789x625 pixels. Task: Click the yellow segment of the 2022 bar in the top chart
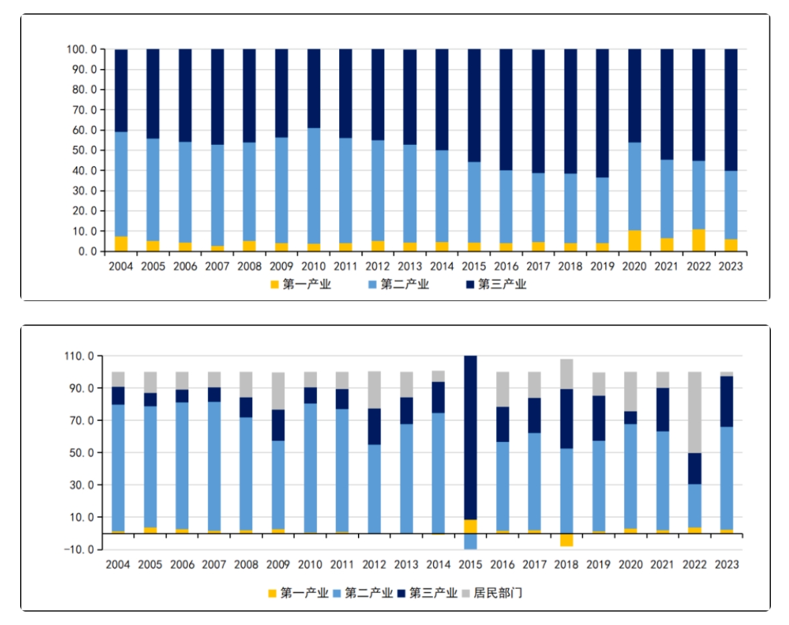click(699, 240)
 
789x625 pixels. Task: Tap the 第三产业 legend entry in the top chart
click(496, 284)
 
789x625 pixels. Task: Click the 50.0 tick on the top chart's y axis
click(82, 150)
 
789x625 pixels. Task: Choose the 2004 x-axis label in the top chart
click(120, 266)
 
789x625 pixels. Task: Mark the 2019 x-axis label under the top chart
click(602, 266)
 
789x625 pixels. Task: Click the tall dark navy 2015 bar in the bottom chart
click(471, 436)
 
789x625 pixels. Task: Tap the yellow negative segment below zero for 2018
click(567, 540)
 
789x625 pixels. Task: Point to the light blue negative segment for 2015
click(471, 541)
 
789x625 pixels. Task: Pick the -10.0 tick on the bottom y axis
click(82, 549)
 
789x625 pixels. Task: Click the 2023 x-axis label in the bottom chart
click(727, 565)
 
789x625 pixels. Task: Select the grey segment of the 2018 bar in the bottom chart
click(567, 374)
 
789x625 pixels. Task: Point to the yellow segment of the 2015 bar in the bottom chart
click(471, 526)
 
